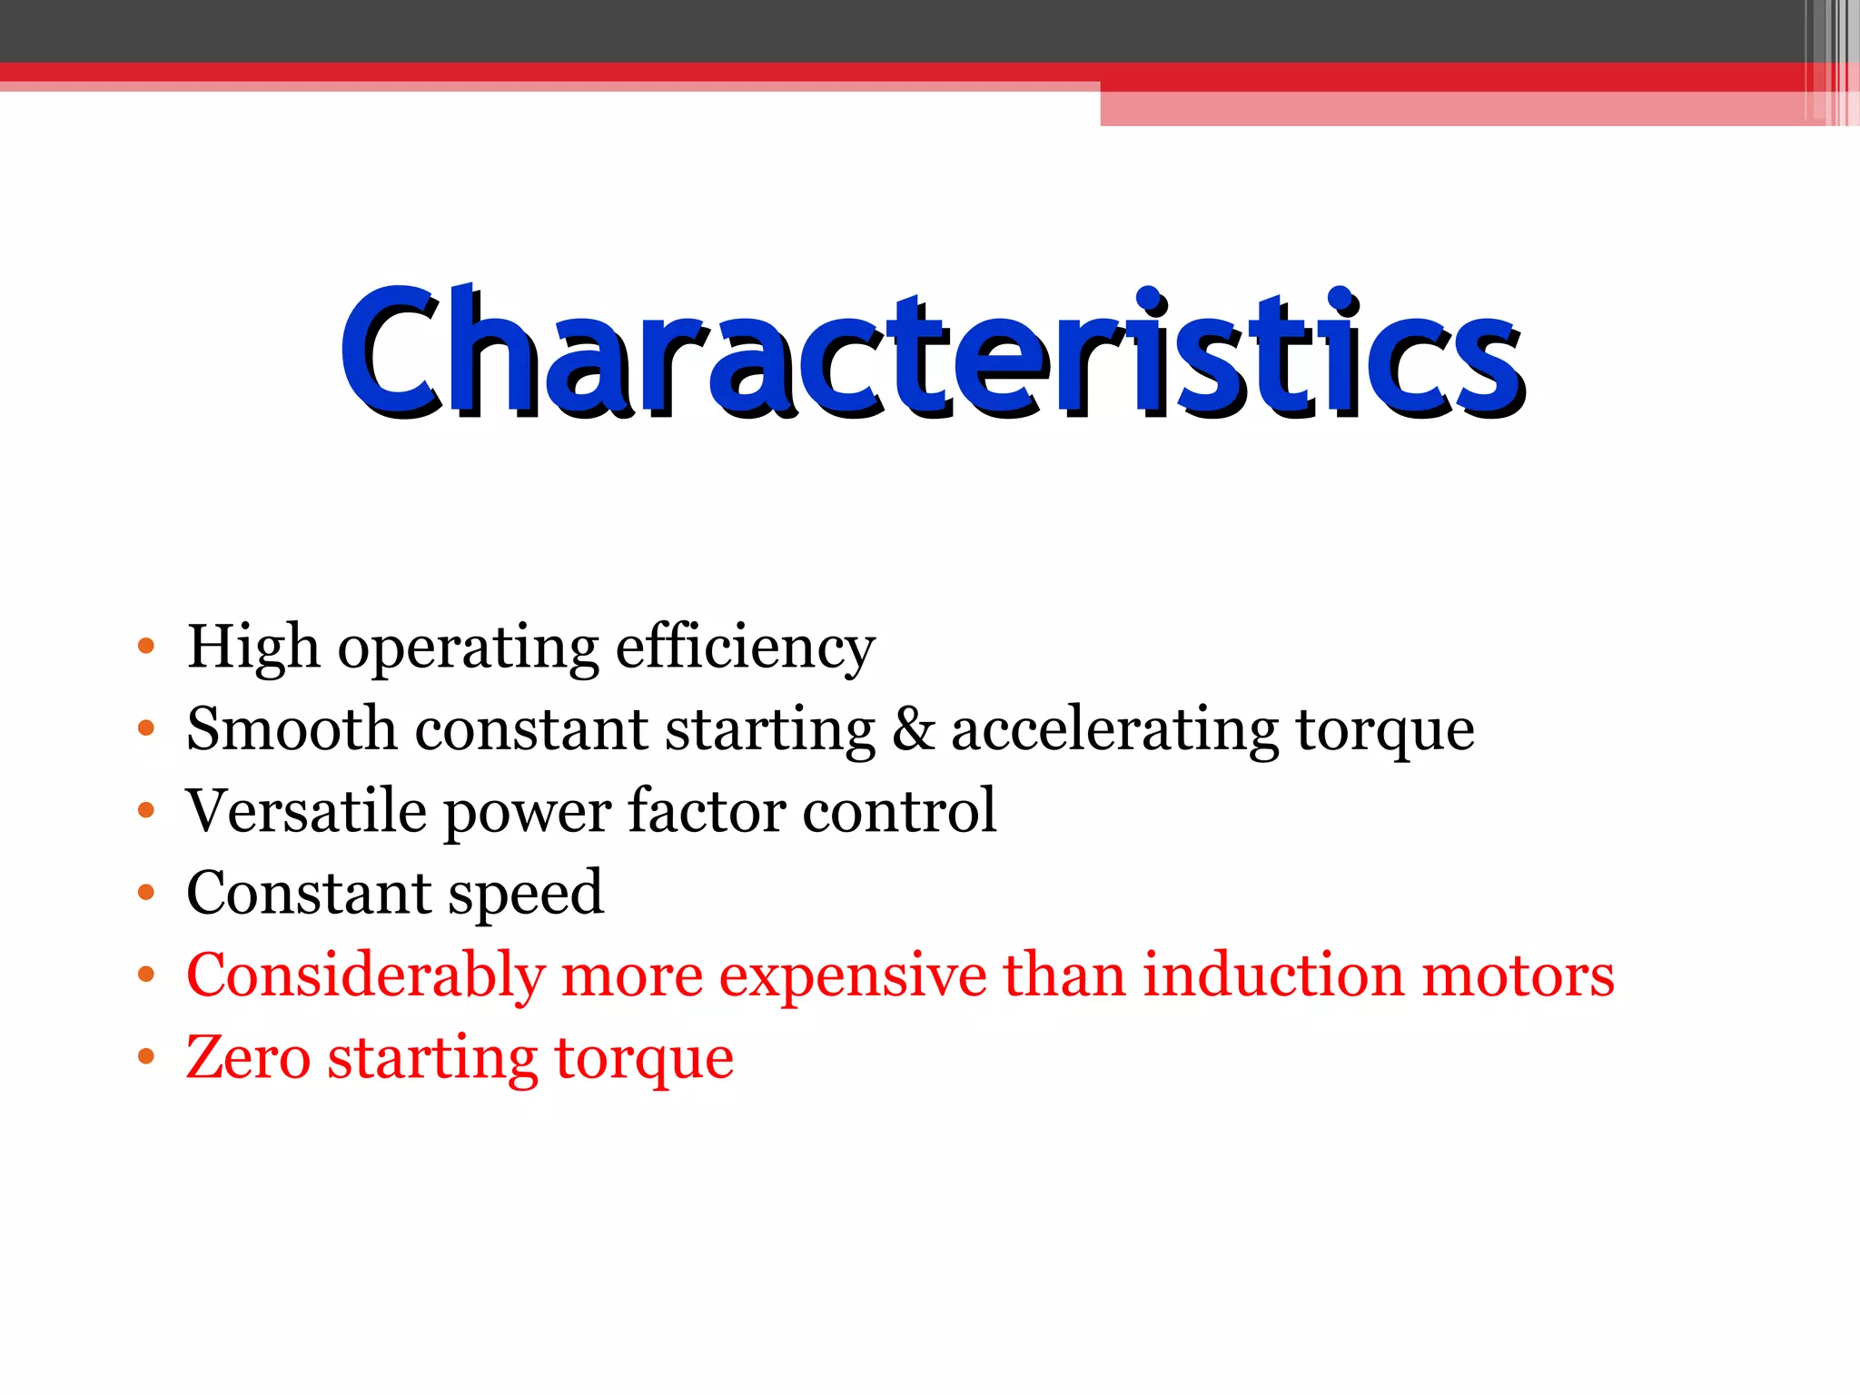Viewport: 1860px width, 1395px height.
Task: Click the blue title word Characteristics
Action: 932,352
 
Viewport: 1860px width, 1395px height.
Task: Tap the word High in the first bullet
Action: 252,647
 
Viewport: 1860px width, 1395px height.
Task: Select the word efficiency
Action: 745,647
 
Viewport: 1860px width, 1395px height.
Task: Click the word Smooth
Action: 292,728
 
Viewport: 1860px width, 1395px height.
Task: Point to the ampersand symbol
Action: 913,728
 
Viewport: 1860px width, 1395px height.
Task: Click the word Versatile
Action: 306,810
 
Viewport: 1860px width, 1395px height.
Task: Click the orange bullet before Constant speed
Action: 146,893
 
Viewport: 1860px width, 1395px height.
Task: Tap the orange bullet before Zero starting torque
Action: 146,1057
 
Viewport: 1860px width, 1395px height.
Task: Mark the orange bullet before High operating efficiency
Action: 146,647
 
